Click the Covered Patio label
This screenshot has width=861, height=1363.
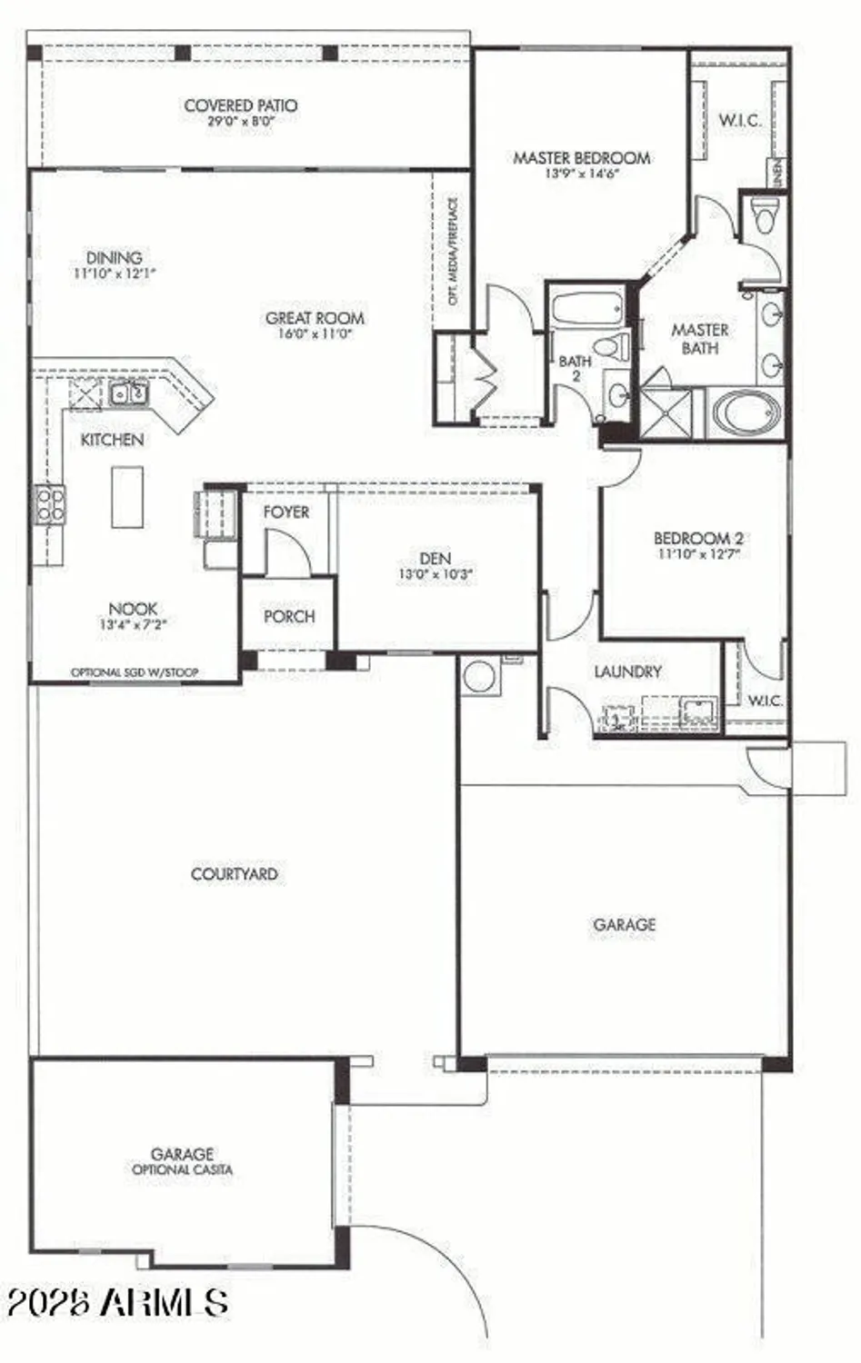coord(240,105)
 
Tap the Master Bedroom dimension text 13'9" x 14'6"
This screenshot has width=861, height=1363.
coord(581,174)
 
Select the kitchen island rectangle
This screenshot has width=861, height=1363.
coord(127,496)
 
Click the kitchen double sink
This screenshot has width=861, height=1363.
coord(128,394)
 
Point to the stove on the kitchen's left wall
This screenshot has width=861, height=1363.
coord(50,505)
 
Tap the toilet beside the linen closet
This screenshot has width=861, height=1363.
coord(764,216)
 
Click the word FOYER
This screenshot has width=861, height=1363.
coord(286,512)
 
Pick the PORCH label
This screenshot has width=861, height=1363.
coord(289,616)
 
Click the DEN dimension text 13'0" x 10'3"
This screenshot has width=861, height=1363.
coord(436,574)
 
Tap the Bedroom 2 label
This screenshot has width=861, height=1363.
coord(698,538)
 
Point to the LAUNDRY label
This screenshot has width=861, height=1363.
coord(627,672)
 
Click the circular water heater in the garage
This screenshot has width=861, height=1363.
coord(478,676)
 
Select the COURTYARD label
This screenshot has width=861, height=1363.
coord(234,874)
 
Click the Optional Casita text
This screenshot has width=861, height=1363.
coord(182,1169)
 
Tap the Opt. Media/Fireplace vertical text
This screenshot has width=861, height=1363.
coord(453,251)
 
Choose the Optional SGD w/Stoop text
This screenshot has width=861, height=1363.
coord(135,672)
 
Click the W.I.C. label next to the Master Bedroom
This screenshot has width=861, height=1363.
coord(740,120)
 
